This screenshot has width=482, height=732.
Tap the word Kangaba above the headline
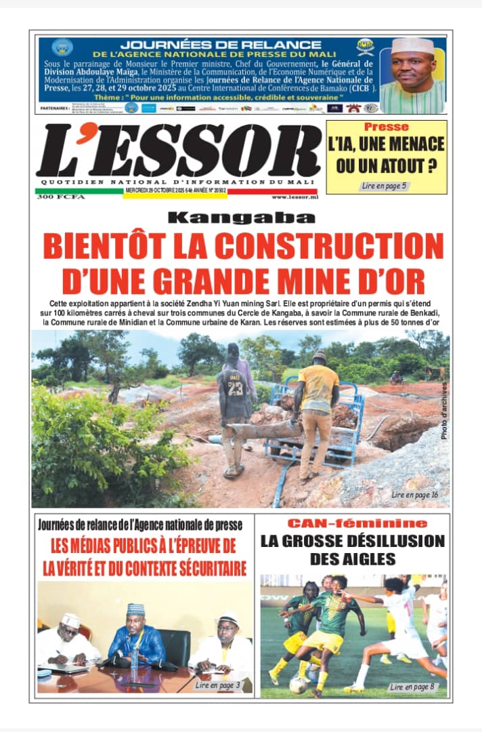pyautogui.click(x=242, y=218)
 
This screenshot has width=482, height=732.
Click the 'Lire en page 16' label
pyautogui.click(x=414, y=495)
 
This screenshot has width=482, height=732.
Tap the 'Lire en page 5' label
pyautogui.click(x=385, y=185)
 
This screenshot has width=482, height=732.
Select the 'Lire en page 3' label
pyautogui.click(x=217, y=685)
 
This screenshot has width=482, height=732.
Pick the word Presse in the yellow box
pyautogui.click(x=386, y=127)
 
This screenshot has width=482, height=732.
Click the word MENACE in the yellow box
pyautogui.click(x=412, y=144)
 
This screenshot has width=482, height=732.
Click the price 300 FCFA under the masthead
pyautogui.click(x=55, y=197)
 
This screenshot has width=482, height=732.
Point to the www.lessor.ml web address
pyautogui.click(x=294, y=197)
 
